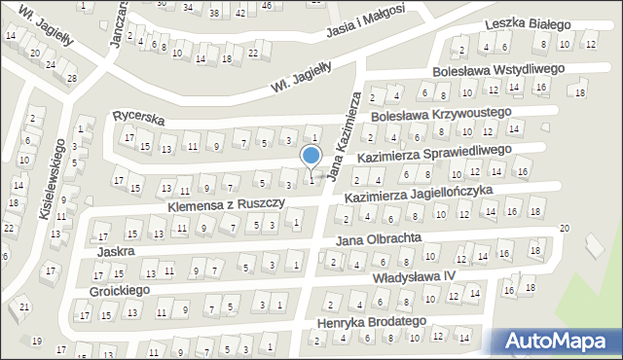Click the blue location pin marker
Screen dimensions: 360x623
pyautogui.click(x=311, y=157)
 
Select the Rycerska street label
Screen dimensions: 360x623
pyautogui.click(x=137, y=117)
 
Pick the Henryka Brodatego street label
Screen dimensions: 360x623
pyautogui.click(x=373, y=320)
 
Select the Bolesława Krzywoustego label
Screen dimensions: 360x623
pyautogui.click(x=442, y=114)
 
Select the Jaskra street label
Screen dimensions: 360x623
pyautogui.click(x=115, y=250)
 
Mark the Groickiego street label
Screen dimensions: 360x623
pyautogui.click(x=118, y=290)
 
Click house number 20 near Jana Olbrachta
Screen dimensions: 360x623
pyautogui.click(x=564, y=228)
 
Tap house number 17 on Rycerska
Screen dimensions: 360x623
pyautogui.click(x=128, y=137)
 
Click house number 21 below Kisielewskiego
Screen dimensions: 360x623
pyautogui.click(x=24, y=307)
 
